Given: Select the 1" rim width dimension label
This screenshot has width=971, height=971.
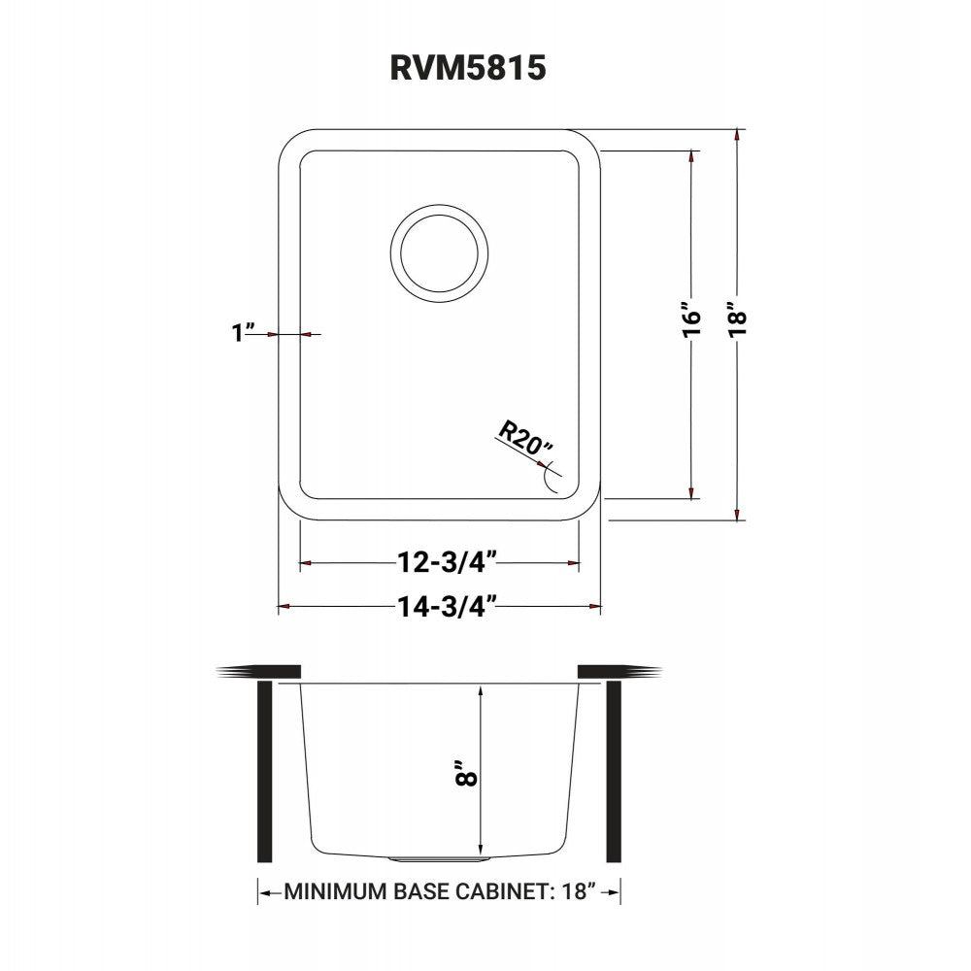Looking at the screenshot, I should coord(241,333).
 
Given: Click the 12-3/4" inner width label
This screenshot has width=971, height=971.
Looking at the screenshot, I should coord(447,562).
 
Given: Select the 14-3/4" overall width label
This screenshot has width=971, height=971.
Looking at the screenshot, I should coord(447,607).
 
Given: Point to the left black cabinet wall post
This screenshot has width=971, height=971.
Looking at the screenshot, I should coord(264,772).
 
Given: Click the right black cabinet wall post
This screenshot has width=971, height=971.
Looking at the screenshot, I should coord(614,772).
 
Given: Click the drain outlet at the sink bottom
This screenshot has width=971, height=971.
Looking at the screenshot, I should coord(439,859).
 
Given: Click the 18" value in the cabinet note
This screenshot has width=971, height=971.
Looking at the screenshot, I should coord(575,891).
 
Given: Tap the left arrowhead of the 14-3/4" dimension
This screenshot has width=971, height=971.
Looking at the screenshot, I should coord(284,608).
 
